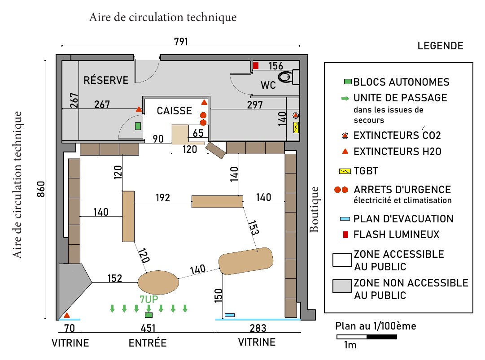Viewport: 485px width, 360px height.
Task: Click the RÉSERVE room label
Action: [x=106, y=80]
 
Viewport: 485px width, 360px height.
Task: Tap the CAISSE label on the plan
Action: [x=174, y=111]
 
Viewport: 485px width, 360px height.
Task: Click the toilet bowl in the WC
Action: [x=285, y=77]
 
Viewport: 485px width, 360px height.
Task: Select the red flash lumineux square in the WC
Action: [x=255, y=65]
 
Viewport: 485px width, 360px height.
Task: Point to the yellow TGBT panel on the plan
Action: [x=296, y=127]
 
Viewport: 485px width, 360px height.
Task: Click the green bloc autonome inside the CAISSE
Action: [x=138, y=126]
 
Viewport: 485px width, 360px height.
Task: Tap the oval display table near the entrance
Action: [x=158, y=282]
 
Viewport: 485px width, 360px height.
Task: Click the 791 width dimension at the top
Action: [x=181, y=41]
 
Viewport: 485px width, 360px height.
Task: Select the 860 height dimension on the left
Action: [x=41, y=189]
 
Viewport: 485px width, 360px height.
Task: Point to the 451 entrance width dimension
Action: [x=148, y=328]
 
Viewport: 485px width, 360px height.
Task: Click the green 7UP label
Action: [x=149, y=299]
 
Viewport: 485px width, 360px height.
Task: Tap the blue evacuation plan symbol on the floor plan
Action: [x=230, y=315]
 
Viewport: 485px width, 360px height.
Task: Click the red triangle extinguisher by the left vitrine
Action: [x=67, y=316]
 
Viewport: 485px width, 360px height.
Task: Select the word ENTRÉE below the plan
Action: [x=148, y=343]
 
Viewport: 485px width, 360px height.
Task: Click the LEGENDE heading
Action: [x=440, y=46]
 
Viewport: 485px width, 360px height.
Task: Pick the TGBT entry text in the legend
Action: [x=366, y=171]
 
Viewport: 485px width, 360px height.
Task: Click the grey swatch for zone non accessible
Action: [x=342, y=286]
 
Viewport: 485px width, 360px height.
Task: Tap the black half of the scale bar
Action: [x=382, y=337]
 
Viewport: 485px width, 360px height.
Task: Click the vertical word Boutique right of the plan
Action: [x=314, y=209]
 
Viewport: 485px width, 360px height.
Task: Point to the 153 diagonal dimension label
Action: [x=253, y=228]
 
